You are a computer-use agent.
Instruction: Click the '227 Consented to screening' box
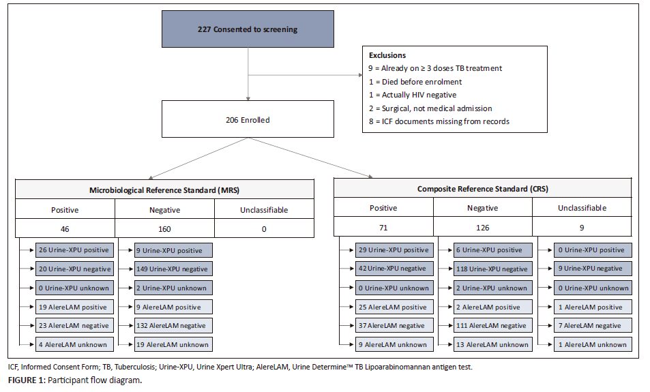(x=248, y=29)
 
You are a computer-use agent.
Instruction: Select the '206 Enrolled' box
(x=248, y=119)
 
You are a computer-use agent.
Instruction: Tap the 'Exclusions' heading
(x=387, y=55)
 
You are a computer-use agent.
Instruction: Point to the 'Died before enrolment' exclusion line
(x=415, y=82)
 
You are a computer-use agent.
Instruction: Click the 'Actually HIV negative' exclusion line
(x=413, y=95)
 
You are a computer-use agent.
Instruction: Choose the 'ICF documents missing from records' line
(x=439, y=121)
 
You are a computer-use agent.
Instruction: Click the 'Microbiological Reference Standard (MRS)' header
(x=164, y=190)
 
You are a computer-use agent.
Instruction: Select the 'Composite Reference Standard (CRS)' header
(x=482, y=189)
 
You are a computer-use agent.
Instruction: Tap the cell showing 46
(x=65, y=228)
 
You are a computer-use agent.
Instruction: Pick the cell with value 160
(x=164, y=228)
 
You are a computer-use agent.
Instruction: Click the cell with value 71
(x=383, y=227)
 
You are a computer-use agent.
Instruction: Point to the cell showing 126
(x=482, y=227)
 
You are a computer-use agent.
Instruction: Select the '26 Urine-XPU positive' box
(x=74, y=250)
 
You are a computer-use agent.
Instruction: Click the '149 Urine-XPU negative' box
(x=173, y=269)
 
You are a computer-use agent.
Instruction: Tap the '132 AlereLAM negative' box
(x=173, y=326)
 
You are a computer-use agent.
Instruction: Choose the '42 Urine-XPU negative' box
(x=394, y=269)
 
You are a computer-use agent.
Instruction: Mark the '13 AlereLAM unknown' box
(x=493, y=344)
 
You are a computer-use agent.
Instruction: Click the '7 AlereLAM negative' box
(x=593, y=326)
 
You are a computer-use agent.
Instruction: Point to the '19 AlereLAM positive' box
(x=74, y=307)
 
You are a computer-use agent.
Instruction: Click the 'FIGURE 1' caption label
(x=26, y=380)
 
